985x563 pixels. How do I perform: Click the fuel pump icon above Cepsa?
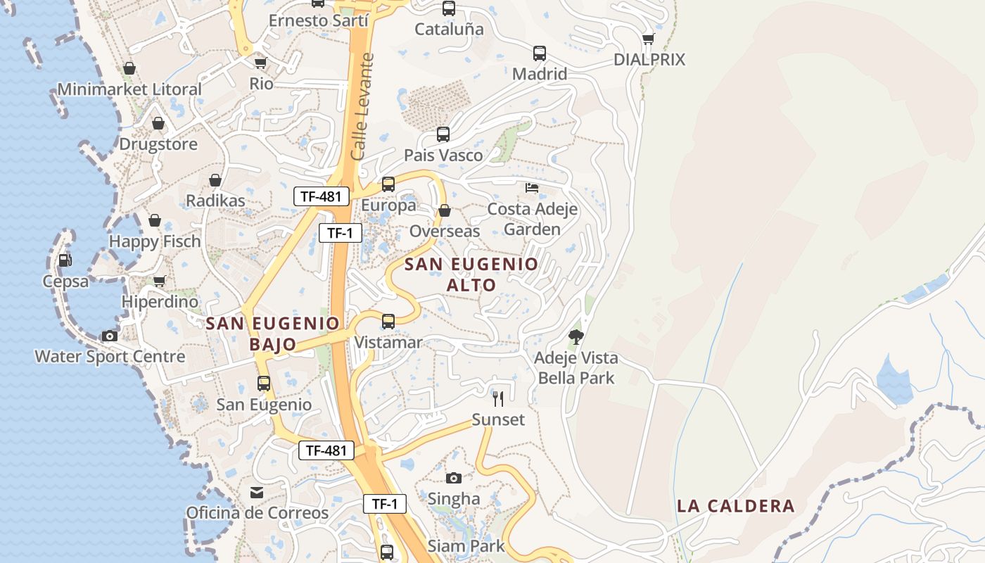click(65, 260)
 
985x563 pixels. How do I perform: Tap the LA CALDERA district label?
click(736, 506)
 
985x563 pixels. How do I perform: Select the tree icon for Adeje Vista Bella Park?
click(576, 337)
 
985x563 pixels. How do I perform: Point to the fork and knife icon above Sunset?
click(498, 399)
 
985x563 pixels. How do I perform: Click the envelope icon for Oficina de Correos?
click(257, 492)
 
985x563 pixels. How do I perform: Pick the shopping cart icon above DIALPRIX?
click(648, 39)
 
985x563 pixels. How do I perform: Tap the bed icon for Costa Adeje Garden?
click(532, 188)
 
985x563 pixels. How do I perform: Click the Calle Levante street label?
click(363, 106)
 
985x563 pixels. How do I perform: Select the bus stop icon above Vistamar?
click(388, 322)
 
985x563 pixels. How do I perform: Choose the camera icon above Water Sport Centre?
click(110, 336)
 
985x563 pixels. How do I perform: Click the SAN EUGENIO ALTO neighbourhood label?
click(471, 274)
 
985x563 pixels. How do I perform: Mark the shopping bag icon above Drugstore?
click(158, 123)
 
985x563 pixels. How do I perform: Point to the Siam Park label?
click(466, 545)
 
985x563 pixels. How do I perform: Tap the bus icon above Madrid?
click(540, 53)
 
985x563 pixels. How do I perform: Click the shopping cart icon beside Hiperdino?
click(160, 281)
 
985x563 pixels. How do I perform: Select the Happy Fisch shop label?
click(155, 241)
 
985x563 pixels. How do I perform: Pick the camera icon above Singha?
click(454, 478)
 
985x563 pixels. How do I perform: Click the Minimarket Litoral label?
click(129, 89)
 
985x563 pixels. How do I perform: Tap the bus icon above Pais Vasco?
click(443, 134)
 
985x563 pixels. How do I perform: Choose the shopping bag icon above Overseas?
click(445, 210)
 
